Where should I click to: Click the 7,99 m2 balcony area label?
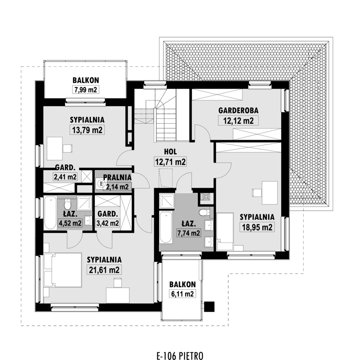coord(86,89)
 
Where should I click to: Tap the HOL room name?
coord(170,152)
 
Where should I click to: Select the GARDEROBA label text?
coord(238,110)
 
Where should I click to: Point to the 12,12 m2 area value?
coord(238,120)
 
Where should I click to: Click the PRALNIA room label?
coord(117,177)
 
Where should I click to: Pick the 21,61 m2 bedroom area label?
coord(104,270)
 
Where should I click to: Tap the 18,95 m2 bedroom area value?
coord(257,227)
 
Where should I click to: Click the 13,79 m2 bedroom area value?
coord(87,130)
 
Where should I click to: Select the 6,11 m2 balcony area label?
coord(182,294)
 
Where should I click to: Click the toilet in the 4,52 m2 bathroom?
coord(68,204)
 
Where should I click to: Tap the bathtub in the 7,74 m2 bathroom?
coord(166,228)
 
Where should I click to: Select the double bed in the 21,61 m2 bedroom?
coord(63,270)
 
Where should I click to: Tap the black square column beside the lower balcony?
coord(209,306)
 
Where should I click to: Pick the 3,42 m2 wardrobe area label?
coord(108,223)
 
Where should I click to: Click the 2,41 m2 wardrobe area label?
coord(65,177)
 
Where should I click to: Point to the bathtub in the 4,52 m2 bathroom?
coord(50,213)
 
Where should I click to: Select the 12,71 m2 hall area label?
coord(170,162)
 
